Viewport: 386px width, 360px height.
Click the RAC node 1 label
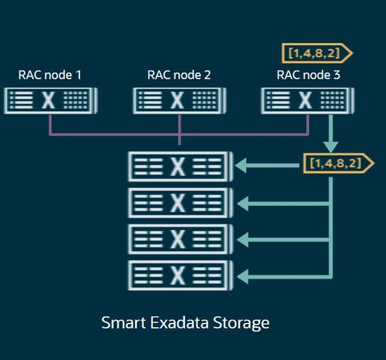tap(50, 74)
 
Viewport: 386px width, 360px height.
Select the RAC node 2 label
tap(179, 74)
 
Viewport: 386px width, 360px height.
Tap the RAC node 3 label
tap(308, 74)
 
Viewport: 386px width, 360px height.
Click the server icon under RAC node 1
tap(50, 101)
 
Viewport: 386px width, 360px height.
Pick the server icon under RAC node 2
tap(179, 101)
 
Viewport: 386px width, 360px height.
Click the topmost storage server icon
tap(179, 166)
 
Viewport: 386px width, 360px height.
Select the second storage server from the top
tap(179, 203)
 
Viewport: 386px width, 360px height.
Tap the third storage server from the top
tap(179, 239)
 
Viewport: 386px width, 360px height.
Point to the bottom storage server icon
tap(179, 275)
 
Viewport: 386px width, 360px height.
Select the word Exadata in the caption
tap(179, 322)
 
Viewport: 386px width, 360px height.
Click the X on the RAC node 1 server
tap(49, 101)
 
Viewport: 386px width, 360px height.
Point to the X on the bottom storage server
tap(179, 275)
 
